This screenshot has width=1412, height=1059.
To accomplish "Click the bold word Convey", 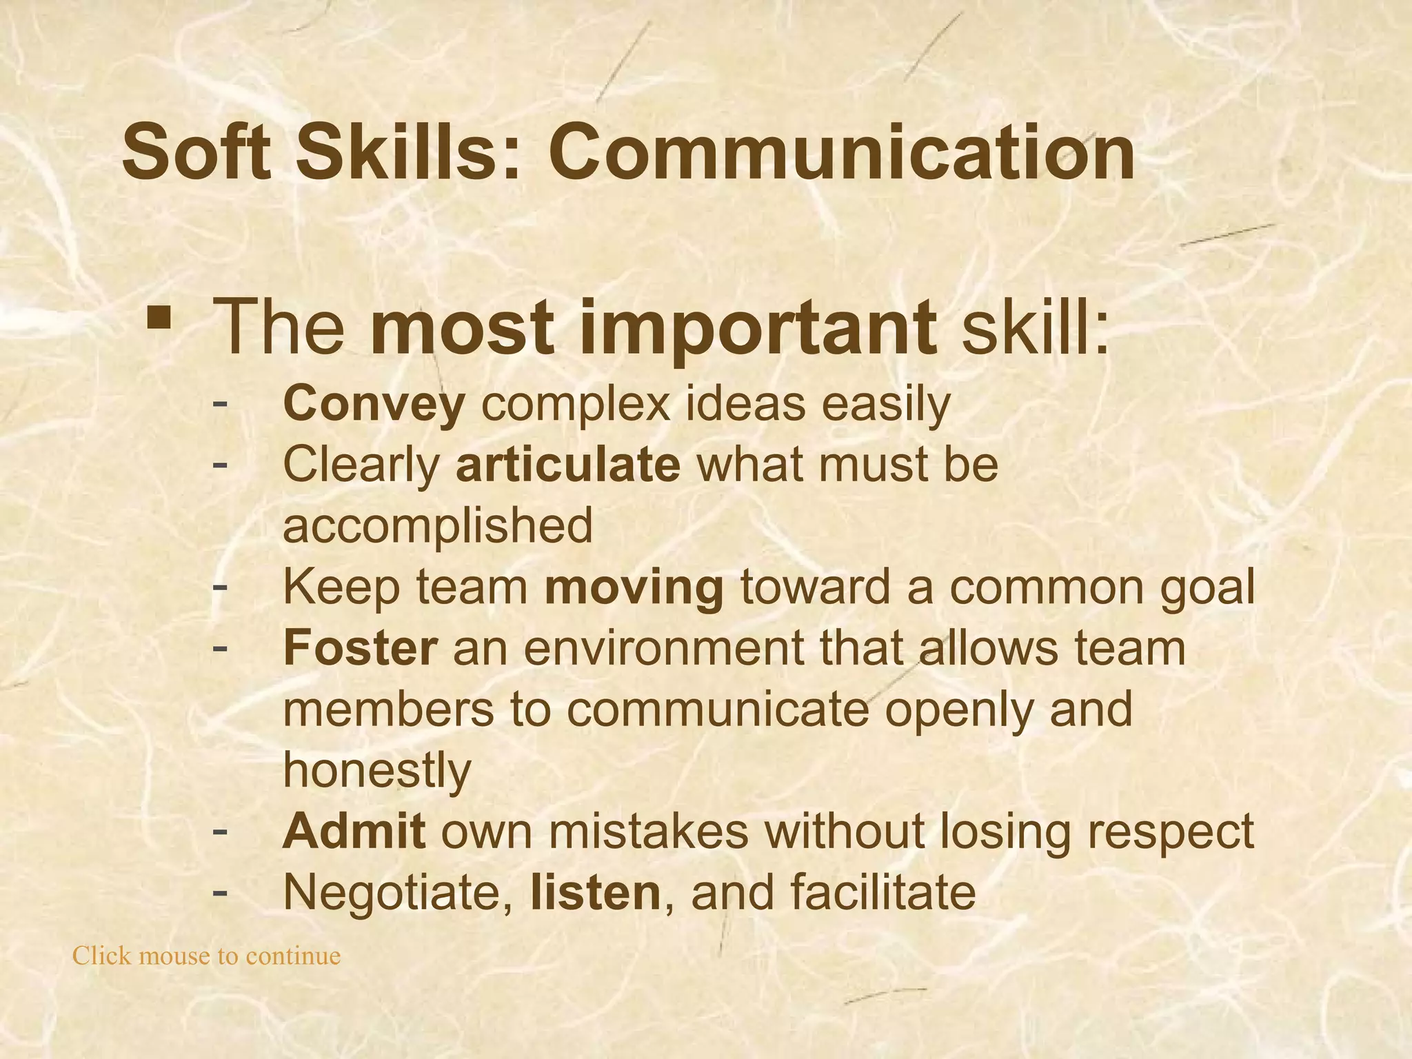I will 374,405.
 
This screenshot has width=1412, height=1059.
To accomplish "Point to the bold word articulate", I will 568,465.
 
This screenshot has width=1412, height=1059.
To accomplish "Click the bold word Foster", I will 360,648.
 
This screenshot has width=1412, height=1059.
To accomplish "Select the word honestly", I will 377,770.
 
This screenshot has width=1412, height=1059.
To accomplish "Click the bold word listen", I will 596,892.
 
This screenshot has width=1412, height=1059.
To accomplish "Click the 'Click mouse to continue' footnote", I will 207,956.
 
